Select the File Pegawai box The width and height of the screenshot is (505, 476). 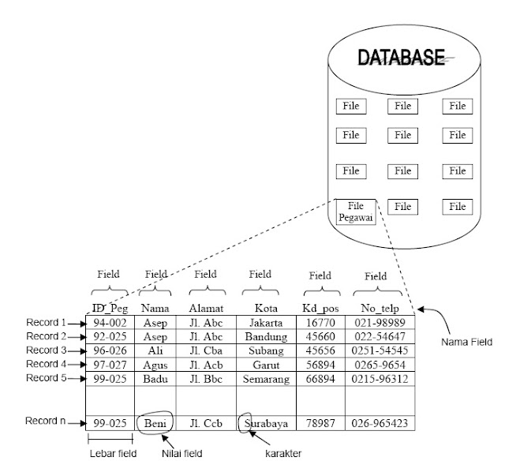(356, 212)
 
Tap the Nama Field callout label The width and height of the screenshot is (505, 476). (466, 343)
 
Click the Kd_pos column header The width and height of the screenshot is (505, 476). (320, 307)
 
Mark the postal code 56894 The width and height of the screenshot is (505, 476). (320, 364)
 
